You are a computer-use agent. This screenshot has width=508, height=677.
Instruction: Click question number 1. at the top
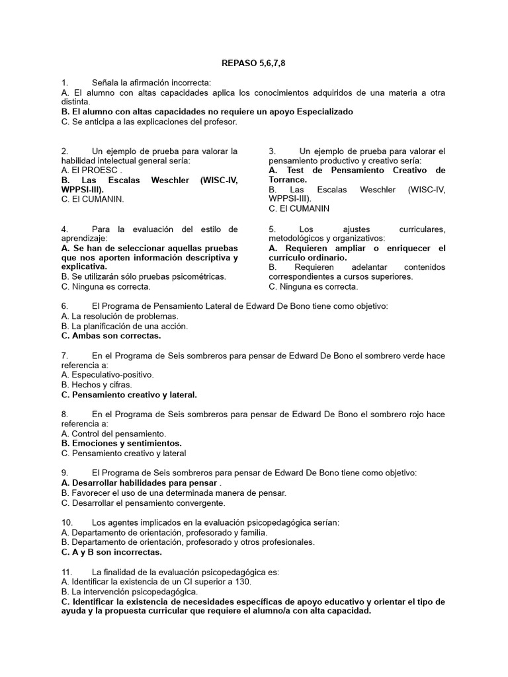[64, 83]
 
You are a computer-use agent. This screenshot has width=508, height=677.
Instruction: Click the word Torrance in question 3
[286, 180]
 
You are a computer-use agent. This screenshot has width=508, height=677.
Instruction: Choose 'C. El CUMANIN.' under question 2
[92, 198]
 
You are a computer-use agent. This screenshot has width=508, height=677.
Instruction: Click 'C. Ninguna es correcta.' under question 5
[313, 286]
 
